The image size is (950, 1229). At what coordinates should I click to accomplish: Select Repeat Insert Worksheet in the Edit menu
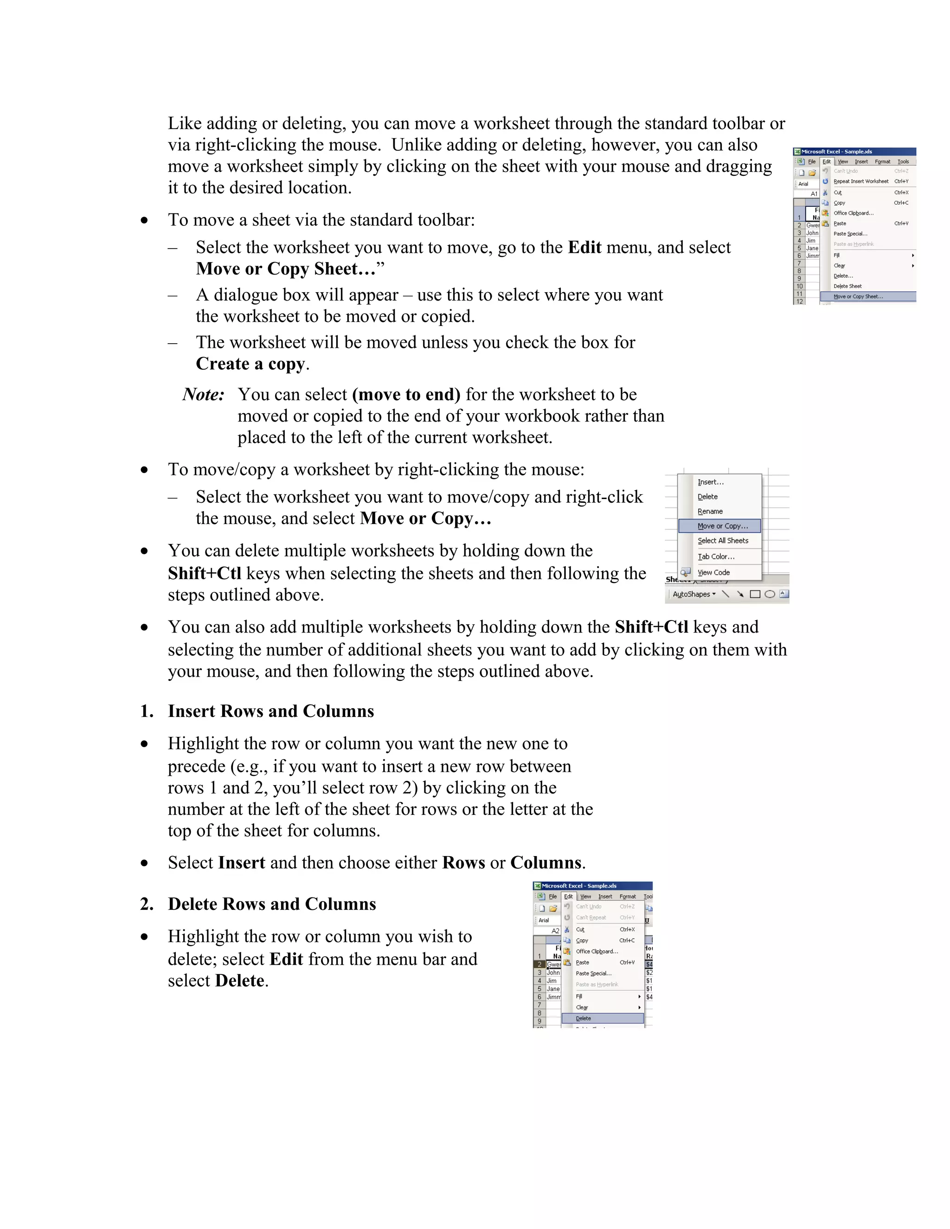(860, 181)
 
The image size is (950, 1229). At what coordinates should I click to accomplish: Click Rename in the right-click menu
(710, 512)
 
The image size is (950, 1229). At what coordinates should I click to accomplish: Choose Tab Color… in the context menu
(716, 557)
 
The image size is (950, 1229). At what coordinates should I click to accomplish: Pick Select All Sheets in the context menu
(723, 541)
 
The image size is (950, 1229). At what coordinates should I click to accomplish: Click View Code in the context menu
(713, 572)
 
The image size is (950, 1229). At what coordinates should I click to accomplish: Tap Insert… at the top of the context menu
(710, 482)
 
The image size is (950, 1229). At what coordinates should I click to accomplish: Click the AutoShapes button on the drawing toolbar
(694, 594)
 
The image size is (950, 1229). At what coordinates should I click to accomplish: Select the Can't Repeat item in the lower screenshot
(591, 918)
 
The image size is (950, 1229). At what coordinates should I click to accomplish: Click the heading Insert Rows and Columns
(271, 711)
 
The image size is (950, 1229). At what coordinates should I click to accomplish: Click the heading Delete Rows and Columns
(272, 904)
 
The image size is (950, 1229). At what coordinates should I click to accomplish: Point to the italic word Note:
(203, 395)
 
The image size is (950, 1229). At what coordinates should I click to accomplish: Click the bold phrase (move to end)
(406, 395)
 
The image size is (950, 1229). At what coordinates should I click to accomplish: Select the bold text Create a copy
(250, 364)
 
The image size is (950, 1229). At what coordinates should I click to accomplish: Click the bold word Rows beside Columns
(463, 863)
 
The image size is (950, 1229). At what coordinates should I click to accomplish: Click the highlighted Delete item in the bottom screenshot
(584, 1018)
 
